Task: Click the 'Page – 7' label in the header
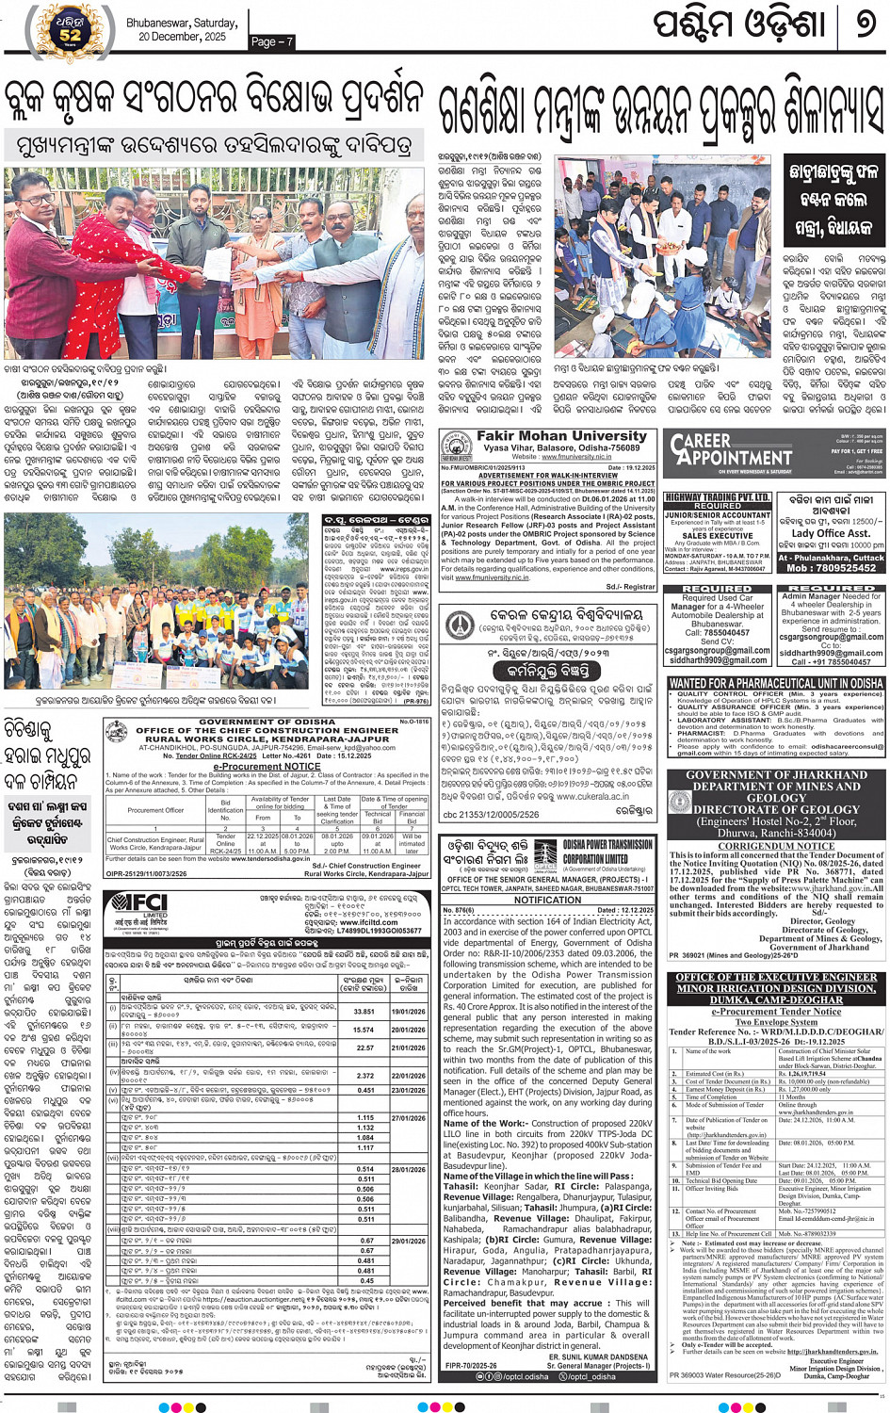272,41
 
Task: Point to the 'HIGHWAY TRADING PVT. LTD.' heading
718,497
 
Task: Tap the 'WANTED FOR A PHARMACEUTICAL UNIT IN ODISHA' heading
776,683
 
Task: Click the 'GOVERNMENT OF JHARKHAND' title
776,775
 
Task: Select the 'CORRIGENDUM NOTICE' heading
776,845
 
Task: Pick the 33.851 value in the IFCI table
365,1012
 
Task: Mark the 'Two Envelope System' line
776,1022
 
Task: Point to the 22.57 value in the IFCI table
365,1048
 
